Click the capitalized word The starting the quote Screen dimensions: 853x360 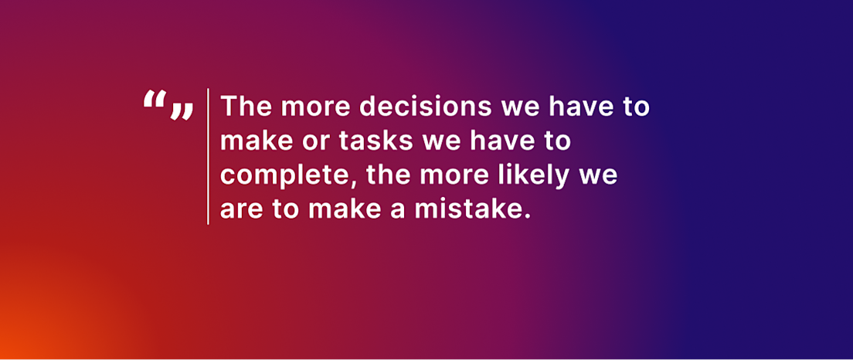[x=246, y=106]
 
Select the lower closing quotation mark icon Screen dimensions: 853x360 [x=182, y=111]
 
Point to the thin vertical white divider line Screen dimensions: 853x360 [x=208, y=156]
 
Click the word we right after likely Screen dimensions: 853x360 [x=603, y=178]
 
